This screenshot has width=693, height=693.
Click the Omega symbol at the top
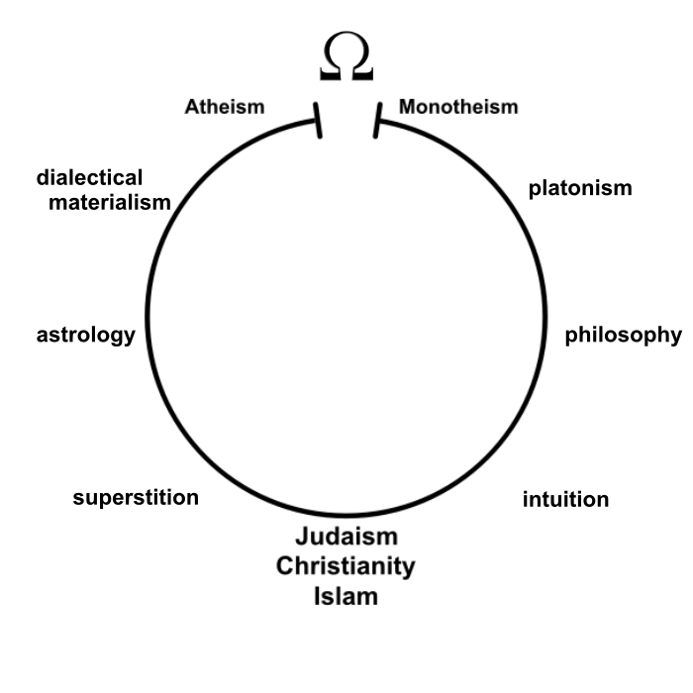pos(346,56)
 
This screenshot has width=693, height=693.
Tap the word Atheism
pos(225,107)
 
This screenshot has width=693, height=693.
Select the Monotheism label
pos(458,107)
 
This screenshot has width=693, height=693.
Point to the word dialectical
pos(89,177)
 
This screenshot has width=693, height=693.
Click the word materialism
pos(110,202)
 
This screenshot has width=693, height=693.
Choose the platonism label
pos(580,189)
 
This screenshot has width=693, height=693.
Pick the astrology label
pos(86,336)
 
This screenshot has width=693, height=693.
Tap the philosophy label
pos(623,336)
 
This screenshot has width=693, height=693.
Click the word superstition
pos(136,498)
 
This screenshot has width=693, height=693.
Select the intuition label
pos(565,499)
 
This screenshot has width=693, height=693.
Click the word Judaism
pos(346,537)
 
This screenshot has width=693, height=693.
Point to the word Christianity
pos(346,566)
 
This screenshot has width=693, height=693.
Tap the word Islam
pos(346,596)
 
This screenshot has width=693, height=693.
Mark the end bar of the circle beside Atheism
pos(318,121)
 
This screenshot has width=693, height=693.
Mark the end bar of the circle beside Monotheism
pos(377,121)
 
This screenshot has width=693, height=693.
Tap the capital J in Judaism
pos(302,537)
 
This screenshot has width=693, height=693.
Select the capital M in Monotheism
pos(408,107)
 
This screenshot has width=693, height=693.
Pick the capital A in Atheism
pos(193,107)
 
